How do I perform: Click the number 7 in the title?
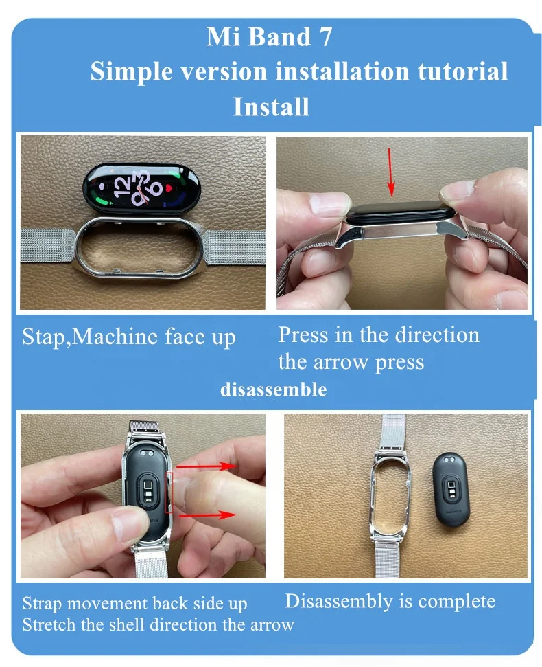(x=325, y=38)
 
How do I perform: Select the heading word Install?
(x=271, y=107)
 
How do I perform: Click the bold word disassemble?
(x=273, y=390)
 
